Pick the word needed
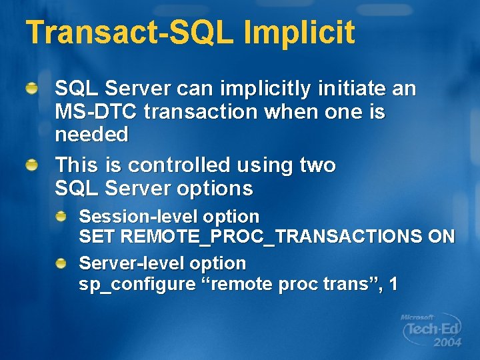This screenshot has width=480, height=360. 91,135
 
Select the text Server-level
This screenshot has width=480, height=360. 132,263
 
